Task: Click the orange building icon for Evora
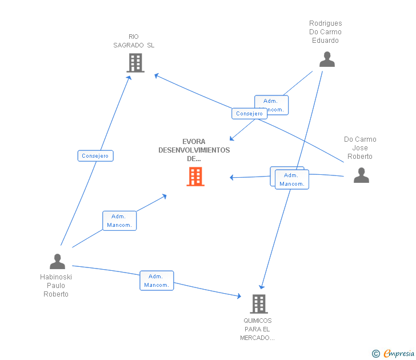click(x=195, y=177)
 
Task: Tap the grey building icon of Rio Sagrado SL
click(x=135, y=63)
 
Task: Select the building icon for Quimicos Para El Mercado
click(x=258, y=303)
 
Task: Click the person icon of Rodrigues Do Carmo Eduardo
click(x=327, y=59)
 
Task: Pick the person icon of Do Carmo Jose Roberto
click(x=361, y=175)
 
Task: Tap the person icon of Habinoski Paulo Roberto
click(x=57, y=261)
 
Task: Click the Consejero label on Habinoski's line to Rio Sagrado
click(x=95, y=155)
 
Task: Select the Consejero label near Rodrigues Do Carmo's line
click(x=249, y=114)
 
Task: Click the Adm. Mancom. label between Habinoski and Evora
click(x=119, y=221)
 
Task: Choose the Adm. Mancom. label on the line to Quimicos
click(x=156, y=281)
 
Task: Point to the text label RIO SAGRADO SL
click(x=134, y=41)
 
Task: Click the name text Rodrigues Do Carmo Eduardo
click(x=325, y=32)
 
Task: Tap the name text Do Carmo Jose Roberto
click(x=360, y=148)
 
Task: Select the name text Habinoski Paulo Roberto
click(x=56, y=286)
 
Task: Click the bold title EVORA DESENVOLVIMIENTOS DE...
click(x=194, y=150)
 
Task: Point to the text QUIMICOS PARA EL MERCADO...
click(x=258, y=329)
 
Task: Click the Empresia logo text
click(x=399, y=354)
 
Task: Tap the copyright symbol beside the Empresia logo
click(x=376, y=354)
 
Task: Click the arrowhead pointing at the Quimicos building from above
click(x=261, y=286)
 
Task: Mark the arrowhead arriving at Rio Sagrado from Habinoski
click(x=130, y=77)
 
